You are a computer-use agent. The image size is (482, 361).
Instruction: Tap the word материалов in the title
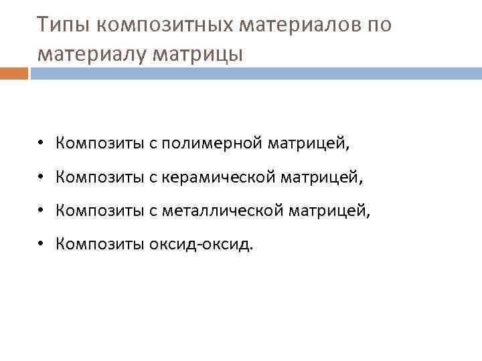click(308, 25)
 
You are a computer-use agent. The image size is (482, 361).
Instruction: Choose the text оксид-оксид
click(208, 245)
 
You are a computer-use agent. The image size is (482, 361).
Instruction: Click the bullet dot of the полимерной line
click(41, 143)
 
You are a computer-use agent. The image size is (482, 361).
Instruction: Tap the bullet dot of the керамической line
click(41, 177)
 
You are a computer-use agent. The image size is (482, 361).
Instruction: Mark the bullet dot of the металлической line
click(41, 211)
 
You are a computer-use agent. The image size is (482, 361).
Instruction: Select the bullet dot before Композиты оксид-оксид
click(41, 245)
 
